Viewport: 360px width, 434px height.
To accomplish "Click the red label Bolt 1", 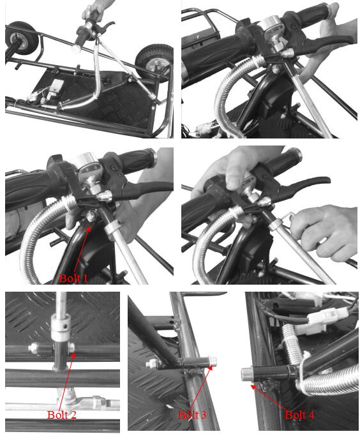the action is coord(73,278).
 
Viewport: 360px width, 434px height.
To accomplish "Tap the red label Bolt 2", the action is coord(62,414).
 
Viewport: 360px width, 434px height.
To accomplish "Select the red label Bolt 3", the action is coord(192,414).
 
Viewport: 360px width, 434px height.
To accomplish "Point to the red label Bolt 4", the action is coord(299,414).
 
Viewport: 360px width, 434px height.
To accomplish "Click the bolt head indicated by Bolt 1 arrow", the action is coord(91,216).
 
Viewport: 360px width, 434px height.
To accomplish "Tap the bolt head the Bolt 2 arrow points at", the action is coord(71,348).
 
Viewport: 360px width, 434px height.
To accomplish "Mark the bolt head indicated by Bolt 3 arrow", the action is coord(213,361).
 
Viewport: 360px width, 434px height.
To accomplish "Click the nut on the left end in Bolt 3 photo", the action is coord(152,364).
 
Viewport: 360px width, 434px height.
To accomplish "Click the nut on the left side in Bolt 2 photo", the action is coord(34,348).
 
